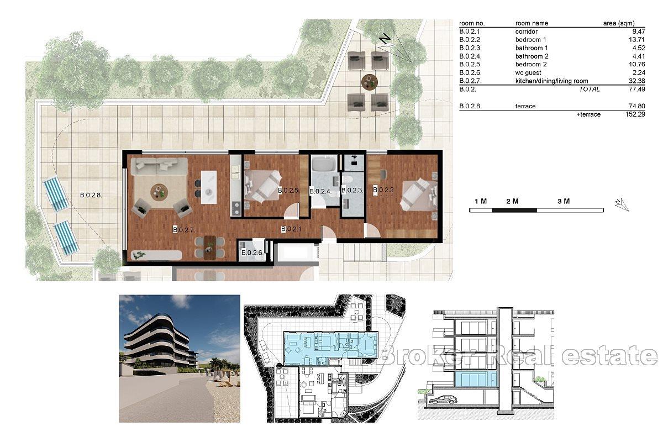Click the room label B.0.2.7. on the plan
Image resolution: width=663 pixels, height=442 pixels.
[183, 229]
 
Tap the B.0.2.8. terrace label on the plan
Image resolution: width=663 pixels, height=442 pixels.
[92, 194]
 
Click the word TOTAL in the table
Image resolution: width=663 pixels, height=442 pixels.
[589, 89]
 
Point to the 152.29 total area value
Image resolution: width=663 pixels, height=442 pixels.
[634, 114]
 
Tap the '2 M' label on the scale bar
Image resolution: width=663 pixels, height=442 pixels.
[512, 202]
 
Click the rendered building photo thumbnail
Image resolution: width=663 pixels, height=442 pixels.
[180, 358]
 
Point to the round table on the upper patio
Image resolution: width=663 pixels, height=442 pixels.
[368, 82]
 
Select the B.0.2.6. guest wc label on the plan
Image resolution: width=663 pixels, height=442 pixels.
[251, 253]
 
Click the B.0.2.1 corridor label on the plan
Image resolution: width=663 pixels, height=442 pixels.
[291, 229]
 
